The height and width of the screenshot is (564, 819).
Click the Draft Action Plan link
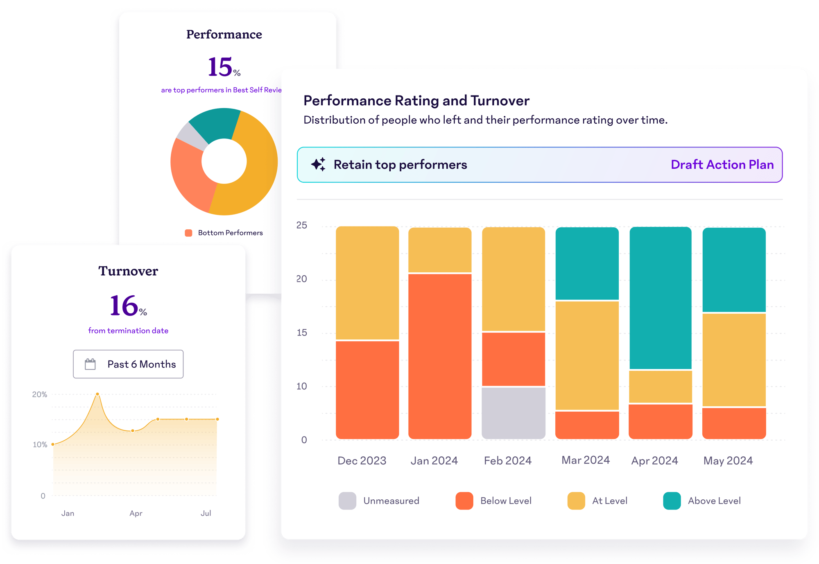[x=722, y=165]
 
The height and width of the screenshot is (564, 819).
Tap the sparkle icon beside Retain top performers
[x=318, y=164]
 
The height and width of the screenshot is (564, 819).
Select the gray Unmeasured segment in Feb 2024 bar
[x=514, y=412]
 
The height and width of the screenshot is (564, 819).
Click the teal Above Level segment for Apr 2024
[x=660, y=298]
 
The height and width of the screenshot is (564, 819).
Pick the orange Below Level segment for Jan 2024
[x=440, y=356]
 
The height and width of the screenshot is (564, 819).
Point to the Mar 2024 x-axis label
[x=585, y=460]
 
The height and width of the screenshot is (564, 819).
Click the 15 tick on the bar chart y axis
[x=302, y=333]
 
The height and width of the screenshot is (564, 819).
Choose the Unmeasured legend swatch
[x=347, y=501]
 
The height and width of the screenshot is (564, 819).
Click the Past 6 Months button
[x=128, y=364]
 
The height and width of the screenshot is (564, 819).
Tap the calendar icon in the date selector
[x=90, y=364]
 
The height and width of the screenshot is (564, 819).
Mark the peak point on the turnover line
[x=97, y=394]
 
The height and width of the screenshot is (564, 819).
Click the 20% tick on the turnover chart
[x=40, y=394]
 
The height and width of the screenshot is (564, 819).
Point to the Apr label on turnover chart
[x=136, y=513]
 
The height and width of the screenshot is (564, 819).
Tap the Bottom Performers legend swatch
[x=188, y=233]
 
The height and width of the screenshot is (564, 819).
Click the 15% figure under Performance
[x=224, y=67]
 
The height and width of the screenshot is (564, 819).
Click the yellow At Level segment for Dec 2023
[x=367, y=283]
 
